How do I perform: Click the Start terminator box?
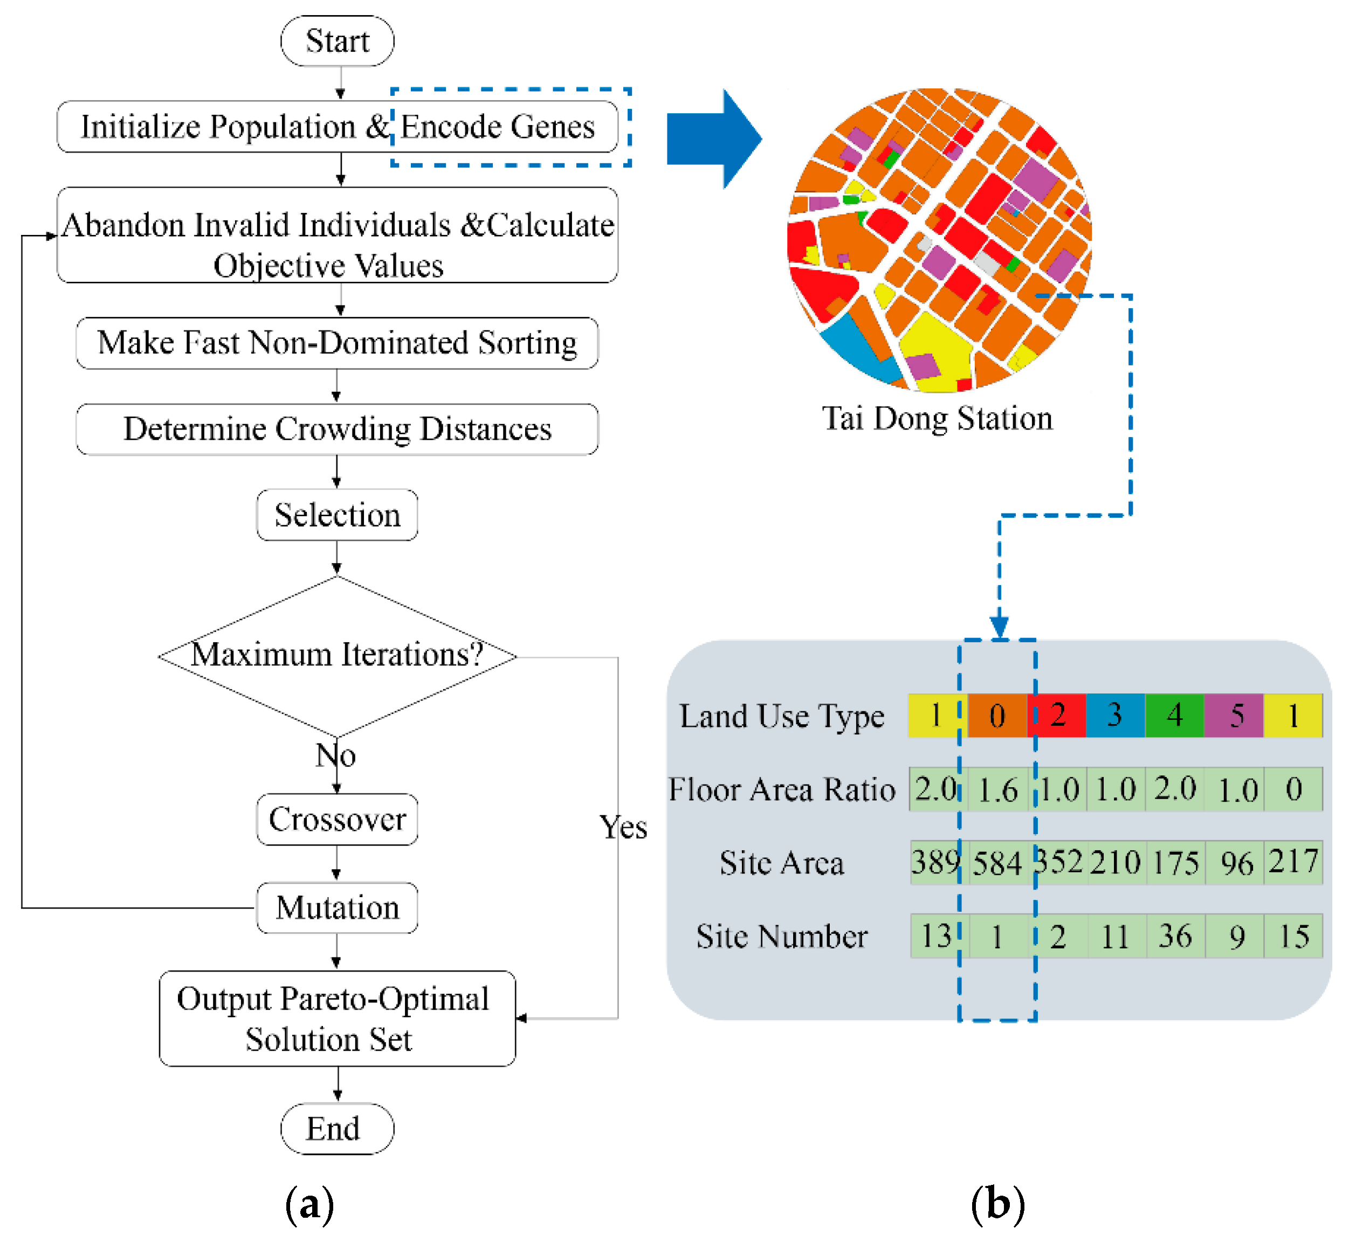(337, 41)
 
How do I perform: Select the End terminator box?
(337, 1128)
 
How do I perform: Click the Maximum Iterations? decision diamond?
(337, 655)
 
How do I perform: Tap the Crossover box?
(337, 819)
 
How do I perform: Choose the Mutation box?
(337, 907)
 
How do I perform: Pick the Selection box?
(337, 515)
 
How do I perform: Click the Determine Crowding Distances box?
(337, 429)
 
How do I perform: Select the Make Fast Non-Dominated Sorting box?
(337, 343)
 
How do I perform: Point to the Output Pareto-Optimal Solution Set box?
(337, 1018)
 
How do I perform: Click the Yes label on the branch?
(623, 827)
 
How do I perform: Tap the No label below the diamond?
(335, 755)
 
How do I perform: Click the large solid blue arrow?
(713, 139)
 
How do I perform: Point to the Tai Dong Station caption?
(937, 418)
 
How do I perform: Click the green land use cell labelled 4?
(1174, 716)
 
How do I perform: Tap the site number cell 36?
(1175, 936)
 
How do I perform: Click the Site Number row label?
(781, 936)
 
